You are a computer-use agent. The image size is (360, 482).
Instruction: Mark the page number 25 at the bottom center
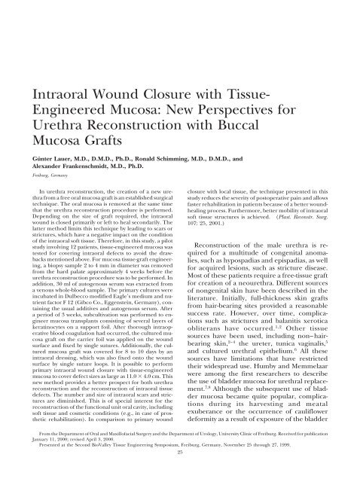point(180,480)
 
